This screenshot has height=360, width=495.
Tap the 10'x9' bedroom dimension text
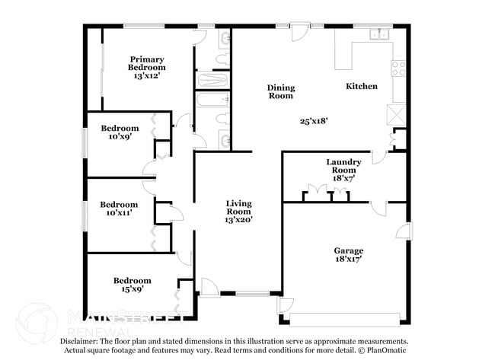119,137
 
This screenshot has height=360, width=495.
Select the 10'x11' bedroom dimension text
120,213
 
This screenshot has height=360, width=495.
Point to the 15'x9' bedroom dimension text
132,289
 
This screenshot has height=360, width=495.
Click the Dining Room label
280,92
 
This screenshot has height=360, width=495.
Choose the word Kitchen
362,87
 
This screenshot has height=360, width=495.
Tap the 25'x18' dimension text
315,120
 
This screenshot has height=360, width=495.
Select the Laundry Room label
343,166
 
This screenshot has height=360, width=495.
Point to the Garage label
348,250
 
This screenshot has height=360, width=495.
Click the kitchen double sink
378,34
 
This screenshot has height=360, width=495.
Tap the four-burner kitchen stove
399,69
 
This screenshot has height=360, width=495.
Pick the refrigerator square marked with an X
398,115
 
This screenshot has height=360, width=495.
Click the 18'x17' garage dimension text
348,260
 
